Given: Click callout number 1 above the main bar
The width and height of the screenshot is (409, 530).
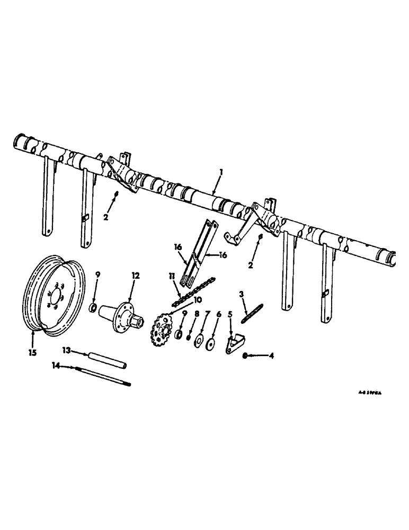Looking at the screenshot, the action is point(223,172).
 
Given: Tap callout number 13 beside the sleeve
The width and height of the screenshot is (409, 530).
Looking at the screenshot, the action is point(66,349).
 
